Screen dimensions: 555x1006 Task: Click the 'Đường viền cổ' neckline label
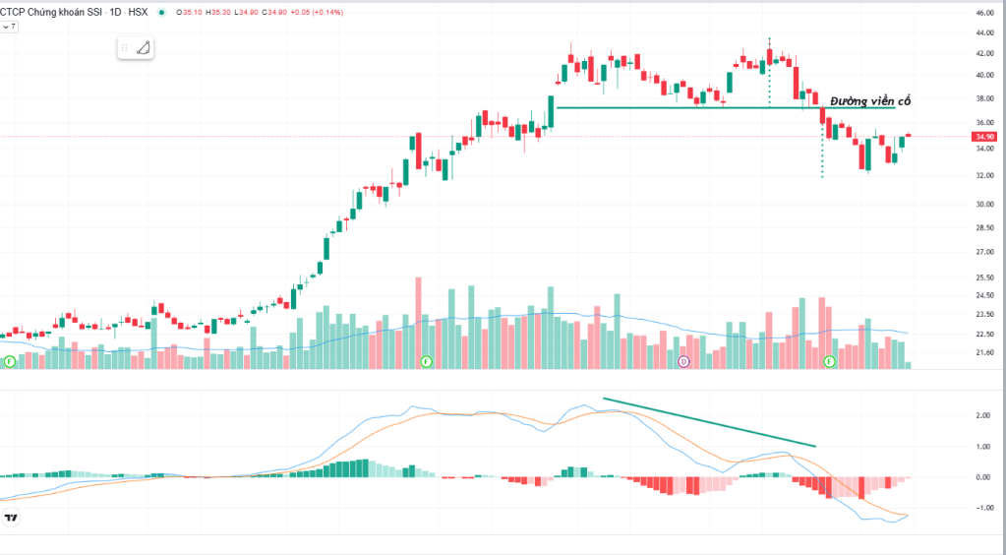(x=870, y=101)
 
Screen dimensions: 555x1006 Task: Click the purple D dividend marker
(x=683, y=361)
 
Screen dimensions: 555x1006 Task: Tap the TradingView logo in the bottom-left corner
(x=12, y=519)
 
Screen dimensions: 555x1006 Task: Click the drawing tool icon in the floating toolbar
(x=144, y=47)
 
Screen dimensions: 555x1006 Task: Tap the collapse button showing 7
(x=9, y=27)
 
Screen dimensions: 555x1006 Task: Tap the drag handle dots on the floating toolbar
(x=126, y=47)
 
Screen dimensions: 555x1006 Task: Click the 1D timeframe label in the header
(x=115, y=12)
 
